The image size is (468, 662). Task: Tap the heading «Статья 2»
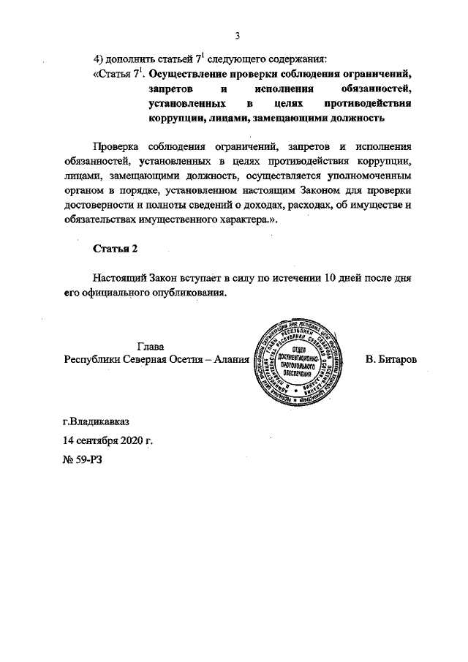click(115, 249)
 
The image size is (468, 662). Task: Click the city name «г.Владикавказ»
click(99, 422)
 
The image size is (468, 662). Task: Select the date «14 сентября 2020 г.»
click(108, 441)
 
